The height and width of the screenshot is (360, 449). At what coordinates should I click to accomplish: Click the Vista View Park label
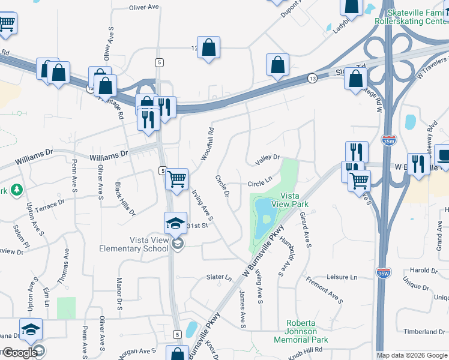[290, 200]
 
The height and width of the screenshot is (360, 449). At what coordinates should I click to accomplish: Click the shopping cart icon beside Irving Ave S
[176, 179]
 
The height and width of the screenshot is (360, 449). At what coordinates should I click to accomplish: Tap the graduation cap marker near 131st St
[175, 224]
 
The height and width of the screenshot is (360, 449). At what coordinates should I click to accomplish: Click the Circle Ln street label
[261, 184]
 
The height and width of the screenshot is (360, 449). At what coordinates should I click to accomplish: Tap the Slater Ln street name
[218, 278]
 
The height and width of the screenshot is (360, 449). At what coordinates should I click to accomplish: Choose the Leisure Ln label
[342, 277]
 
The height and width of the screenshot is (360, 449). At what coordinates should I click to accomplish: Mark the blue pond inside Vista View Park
[264, 217]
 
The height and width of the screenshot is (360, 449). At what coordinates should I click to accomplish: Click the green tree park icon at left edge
[16, 190]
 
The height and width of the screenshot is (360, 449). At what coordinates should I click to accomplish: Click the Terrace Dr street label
[50, 204]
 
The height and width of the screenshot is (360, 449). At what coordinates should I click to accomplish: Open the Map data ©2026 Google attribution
[412, 355]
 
